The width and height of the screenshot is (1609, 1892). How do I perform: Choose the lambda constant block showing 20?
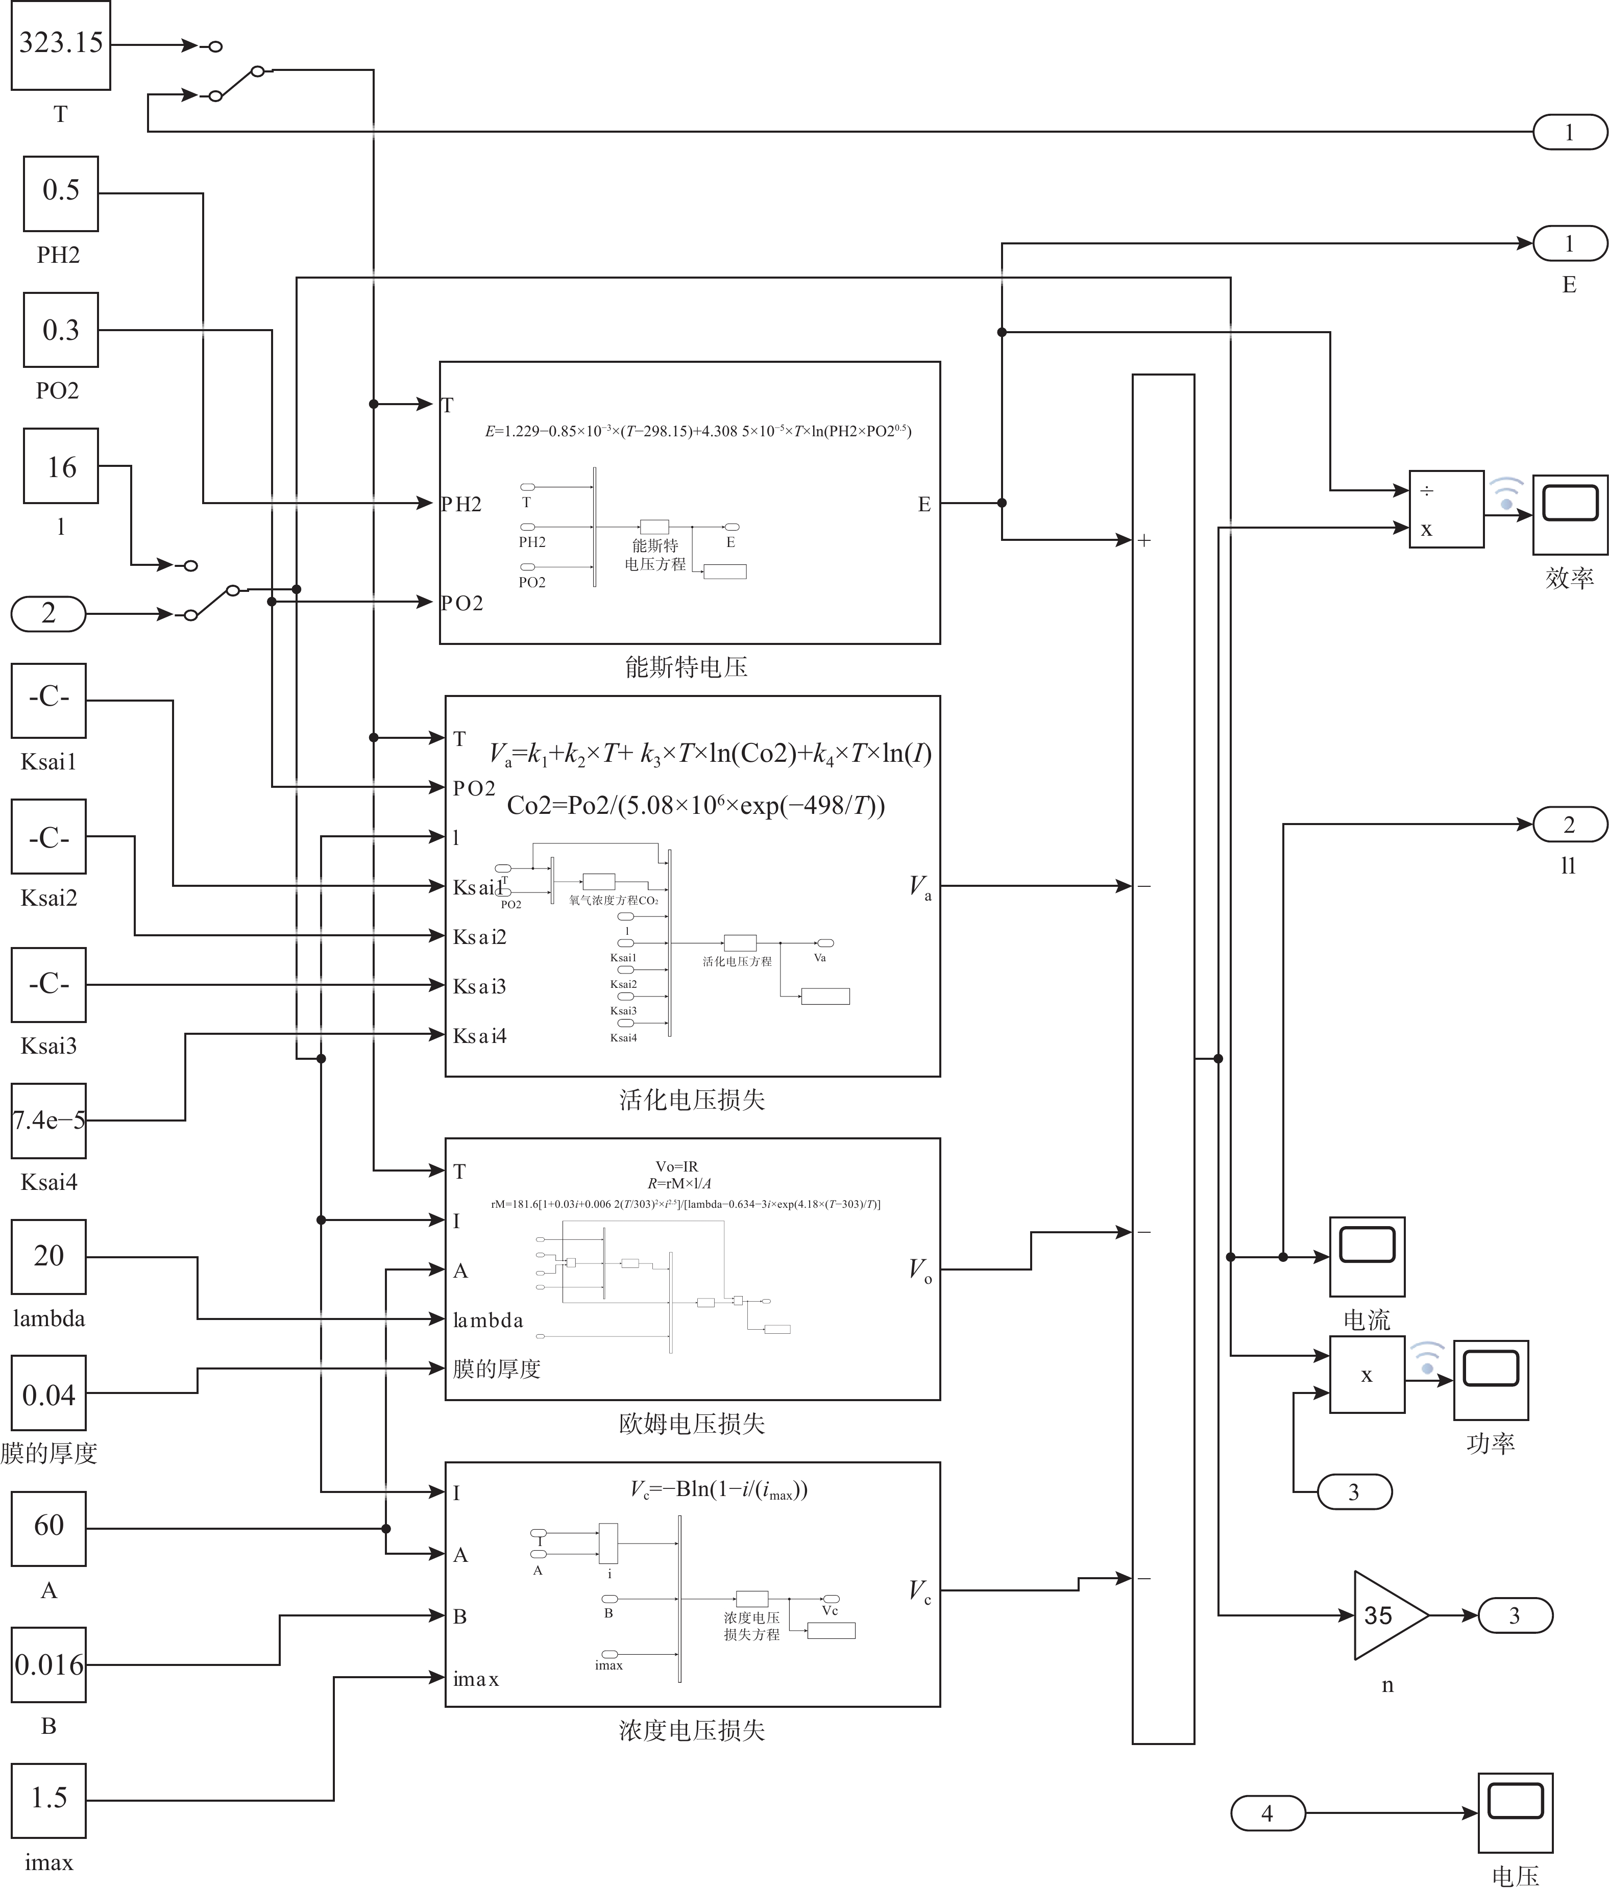tap(48, 1256)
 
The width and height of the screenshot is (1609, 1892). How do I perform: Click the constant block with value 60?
tap(48, 1528)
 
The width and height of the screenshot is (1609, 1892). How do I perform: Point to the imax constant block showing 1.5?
tap(48, 1801)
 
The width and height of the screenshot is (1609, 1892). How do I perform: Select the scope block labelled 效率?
tap(1569, 514)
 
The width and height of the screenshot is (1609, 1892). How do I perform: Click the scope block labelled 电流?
tap(1367, 1256)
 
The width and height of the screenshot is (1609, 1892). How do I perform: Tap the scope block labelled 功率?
tap(1491, 1380)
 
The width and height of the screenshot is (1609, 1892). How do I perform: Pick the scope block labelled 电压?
tap(1515, 1813)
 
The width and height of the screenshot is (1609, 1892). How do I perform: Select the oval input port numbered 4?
tap(1267, 1813)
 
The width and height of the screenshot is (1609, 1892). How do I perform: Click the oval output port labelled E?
tap(1569, 243)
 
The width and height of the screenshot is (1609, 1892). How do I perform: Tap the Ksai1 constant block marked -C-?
tap(48, 700)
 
